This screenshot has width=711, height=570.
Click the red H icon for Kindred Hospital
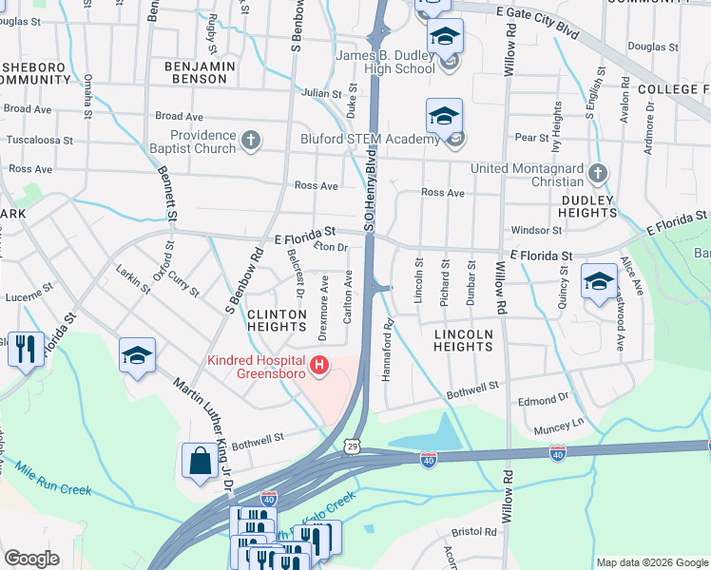(319, 364)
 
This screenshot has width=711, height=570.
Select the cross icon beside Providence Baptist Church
(250, 141)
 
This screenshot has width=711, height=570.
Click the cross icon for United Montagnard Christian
(596, 173)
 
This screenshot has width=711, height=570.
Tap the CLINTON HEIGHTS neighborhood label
(276, 320)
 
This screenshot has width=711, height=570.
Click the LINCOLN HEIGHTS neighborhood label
(463, 340)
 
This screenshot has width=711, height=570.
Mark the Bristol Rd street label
(475, 533)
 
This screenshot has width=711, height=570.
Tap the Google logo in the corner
(31, 559)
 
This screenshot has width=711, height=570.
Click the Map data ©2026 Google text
(652, 562)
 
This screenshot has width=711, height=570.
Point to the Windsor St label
(537, 230)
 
